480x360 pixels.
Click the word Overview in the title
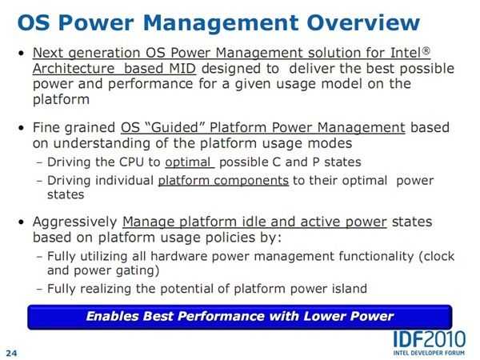click(363, 22)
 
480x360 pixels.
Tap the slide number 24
click(11, 353)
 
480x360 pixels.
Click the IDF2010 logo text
click(429, 339)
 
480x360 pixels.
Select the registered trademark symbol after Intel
click(426, 50)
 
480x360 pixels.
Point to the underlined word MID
click(182, 68)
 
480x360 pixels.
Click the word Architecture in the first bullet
click(74, 68)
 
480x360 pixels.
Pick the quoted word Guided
click(174, 127)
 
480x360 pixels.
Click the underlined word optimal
click(188, 162)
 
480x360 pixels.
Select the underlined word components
click(251, 181)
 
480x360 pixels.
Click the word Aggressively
click(75, 222)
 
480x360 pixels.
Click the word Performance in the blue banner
click(221, 316)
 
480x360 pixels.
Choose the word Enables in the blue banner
click(112, 316)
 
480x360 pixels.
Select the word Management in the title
click(221, 23)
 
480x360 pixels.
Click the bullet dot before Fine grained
click(21, 128)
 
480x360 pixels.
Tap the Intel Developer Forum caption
click(429, 353)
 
